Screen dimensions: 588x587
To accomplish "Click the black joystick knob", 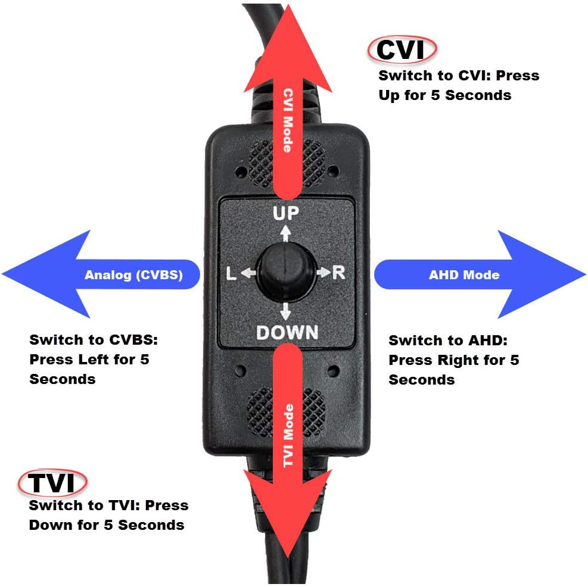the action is point(286,271).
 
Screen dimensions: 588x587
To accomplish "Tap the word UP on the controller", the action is point(286,213).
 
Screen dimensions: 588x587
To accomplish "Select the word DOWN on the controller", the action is point(287,332).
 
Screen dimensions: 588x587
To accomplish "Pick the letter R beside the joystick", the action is point(338,273).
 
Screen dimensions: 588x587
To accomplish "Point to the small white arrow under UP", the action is point(286,233).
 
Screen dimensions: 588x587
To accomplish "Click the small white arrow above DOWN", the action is point(286,311).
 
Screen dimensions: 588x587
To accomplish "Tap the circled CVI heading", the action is point(402,49).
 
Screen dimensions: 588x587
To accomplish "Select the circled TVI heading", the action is point(52,482).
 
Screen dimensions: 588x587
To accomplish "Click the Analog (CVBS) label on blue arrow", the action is point(133,275).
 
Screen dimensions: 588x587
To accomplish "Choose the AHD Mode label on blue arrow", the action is point(464,275).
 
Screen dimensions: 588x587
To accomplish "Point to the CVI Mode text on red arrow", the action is point(288,121).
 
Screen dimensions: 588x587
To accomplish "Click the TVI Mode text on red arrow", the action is point(288,436).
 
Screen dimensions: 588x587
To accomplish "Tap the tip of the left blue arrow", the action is point(2,274).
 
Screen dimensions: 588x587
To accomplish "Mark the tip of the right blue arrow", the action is point(586,274).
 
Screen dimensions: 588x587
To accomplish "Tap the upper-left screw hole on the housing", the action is point(240,173).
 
